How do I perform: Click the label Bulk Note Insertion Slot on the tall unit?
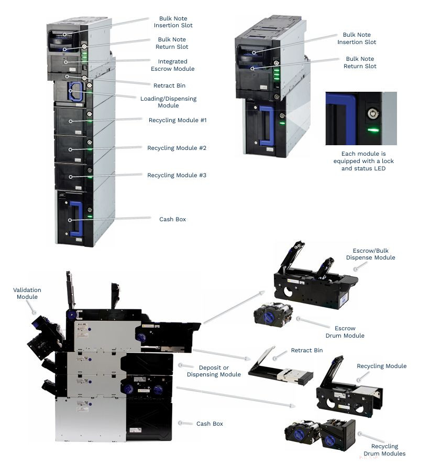[173, 21]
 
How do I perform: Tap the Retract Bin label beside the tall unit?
[169, 85]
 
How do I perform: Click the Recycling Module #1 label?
[178, 120]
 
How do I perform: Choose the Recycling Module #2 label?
[177, 148]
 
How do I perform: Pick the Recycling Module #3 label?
[177, 175]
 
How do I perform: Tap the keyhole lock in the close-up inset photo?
[372, 112]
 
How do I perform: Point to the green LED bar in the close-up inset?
[373, 129]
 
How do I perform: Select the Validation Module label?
[27, 293]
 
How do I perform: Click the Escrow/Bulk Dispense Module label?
[370, 254]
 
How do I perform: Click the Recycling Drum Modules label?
[384, 450]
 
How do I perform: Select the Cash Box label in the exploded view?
[210, 424]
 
